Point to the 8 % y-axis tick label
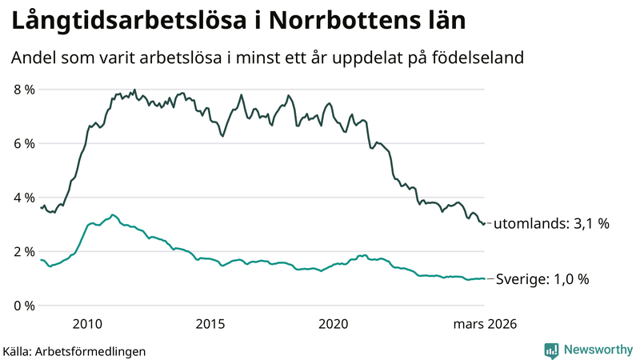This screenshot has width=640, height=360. tap(24, 90)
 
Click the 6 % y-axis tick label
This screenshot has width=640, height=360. tap(24, 144)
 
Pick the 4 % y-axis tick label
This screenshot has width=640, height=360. tap(24, 198)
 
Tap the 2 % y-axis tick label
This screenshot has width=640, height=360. tap(24, 252)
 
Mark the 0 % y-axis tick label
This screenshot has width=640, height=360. tap(24, 306)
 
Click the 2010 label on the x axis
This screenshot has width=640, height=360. tap(87, 324)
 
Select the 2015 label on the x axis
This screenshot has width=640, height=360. tap(210, 324)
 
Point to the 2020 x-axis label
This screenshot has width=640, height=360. tap(334, 324)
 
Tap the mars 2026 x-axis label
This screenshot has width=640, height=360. tap(485, 324)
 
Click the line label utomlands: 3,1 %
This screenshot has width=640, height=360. tap(551, 224)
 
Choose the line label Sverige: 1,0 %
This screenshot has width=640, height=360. tap(542, 279)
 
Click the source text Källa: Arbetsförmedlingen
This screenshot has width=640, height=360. tap(74, 351)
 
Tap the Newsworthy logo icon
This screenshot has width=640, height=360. tap(552, 350)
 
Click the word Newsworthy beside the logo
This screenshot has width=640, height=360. tap(598, 350)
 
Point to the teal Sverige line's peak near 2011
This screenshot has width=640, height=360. tap(113, 214)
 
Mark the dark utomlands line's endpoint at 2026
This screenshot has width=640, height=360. tap(484, 223)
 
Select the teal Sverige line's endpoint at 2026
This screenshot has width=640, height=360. tap(484, 278)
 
